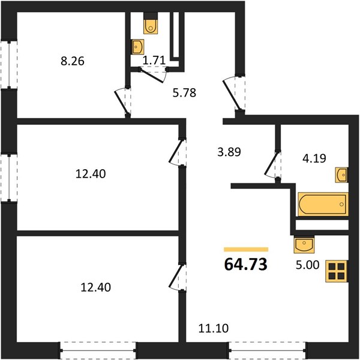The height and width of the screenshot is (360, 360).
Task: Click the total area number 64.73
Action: click(245, 264)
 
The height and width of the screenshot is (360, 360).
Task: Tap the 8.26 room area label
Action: click(73, 61)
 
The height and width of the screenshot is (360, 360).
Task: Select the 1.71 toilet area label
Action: click(154, 61)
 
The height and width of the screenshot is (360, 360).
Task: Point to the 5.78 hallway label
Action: click(184, 93)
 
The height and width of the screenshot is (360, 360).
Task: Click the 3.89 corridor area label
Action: click(229, 152)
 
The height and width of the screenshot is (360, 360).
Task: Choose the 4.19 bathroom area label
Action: click(314, 158)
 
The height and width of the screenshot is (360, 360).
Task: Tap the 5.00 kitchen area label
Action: click(308, 265)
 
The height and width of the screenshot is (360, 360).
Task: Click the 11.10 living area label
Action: click(214, 328)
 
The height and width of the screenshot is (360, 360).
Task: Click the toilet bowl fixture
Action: click(151, 23)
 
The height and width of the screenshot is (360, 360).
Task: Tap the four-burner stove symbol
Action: click(337, 271)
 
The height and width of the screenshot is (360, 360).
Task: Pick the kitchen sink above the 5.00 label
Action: click(304, 245)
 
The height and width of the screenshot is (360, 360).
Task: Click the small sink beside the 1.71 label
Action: click(137, 47)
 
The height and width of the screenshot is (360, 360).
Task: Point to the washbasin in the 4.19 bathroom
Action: click(341, 175)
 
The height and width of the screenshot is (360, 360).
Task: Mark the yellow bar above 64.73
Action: click(246, 250)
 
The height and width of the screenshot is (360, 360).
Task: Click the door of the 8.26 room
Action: click(121, 102)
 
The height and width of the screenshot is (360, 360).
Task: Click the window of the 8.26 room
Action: click(9, 65)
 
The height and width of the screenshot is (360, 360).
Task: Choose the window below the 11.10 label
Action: click(267, 350)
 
